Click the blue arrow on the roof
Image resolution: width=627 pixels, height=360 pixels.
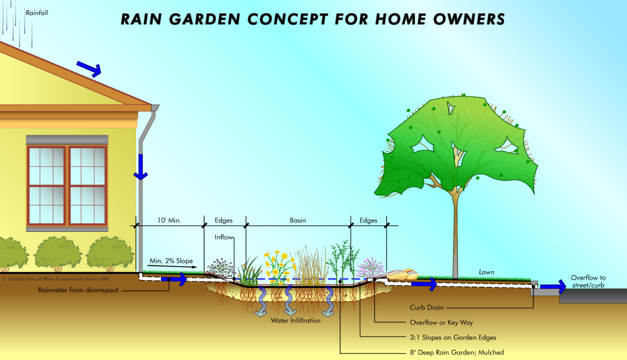[89, 68]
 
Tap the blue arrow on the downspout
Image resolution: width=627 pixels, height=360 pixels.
[140, 167]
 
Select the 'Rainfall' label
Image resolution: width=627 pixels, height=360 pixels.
[37, 13]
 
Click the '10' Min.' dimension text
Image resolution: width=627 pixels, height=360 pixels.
[169, 220]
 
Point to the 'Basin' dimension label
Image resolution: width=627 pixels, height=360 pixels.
[298, 220]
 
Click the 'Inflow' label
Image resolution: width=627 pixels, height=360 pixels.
[224, 237]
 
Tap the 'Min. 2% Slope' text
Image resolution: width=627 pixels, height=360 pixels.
[171, 261]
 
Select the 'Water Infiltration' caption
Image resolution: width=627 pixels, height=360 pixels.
[296, 320]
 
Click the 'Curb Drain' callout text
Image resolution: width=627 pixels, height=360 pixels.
[427, 307]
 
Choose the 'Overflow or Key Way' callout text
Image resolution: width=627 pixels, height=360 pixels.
[441, 322]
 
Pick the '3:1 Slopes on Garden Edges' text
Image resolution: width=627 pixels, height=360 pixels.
[453, 337]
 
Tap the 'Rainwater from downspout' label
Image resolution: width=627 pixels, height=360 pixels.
[78, 290]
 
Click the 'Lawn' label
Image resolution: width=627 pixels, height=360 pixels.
[486, 272]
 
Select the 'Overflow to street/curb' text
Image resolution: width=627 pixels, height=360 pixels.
[588, 282]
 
